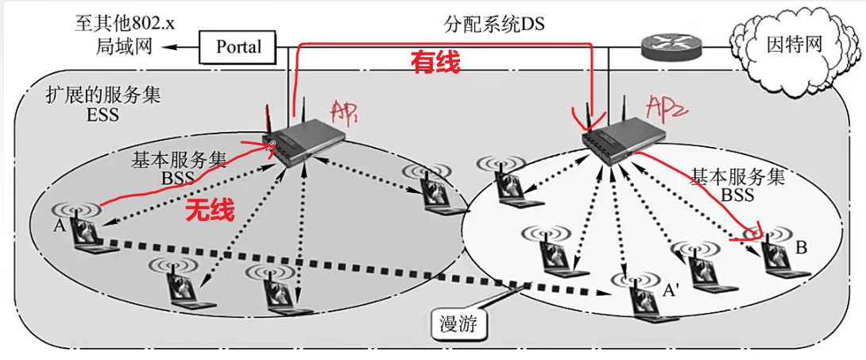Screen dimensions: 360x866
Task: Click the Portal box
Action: pyautogui.click(x=238, y=47)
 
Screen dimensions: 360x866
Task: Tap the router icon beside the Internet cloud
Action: pyautogui.click(x=671, y=48)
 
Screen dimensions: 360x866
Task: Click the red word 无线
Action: pyautogui.click(x=210, y=211)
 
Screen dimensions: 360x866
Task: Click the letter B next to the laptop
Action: pyautogui.click(x=801, y=249)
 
